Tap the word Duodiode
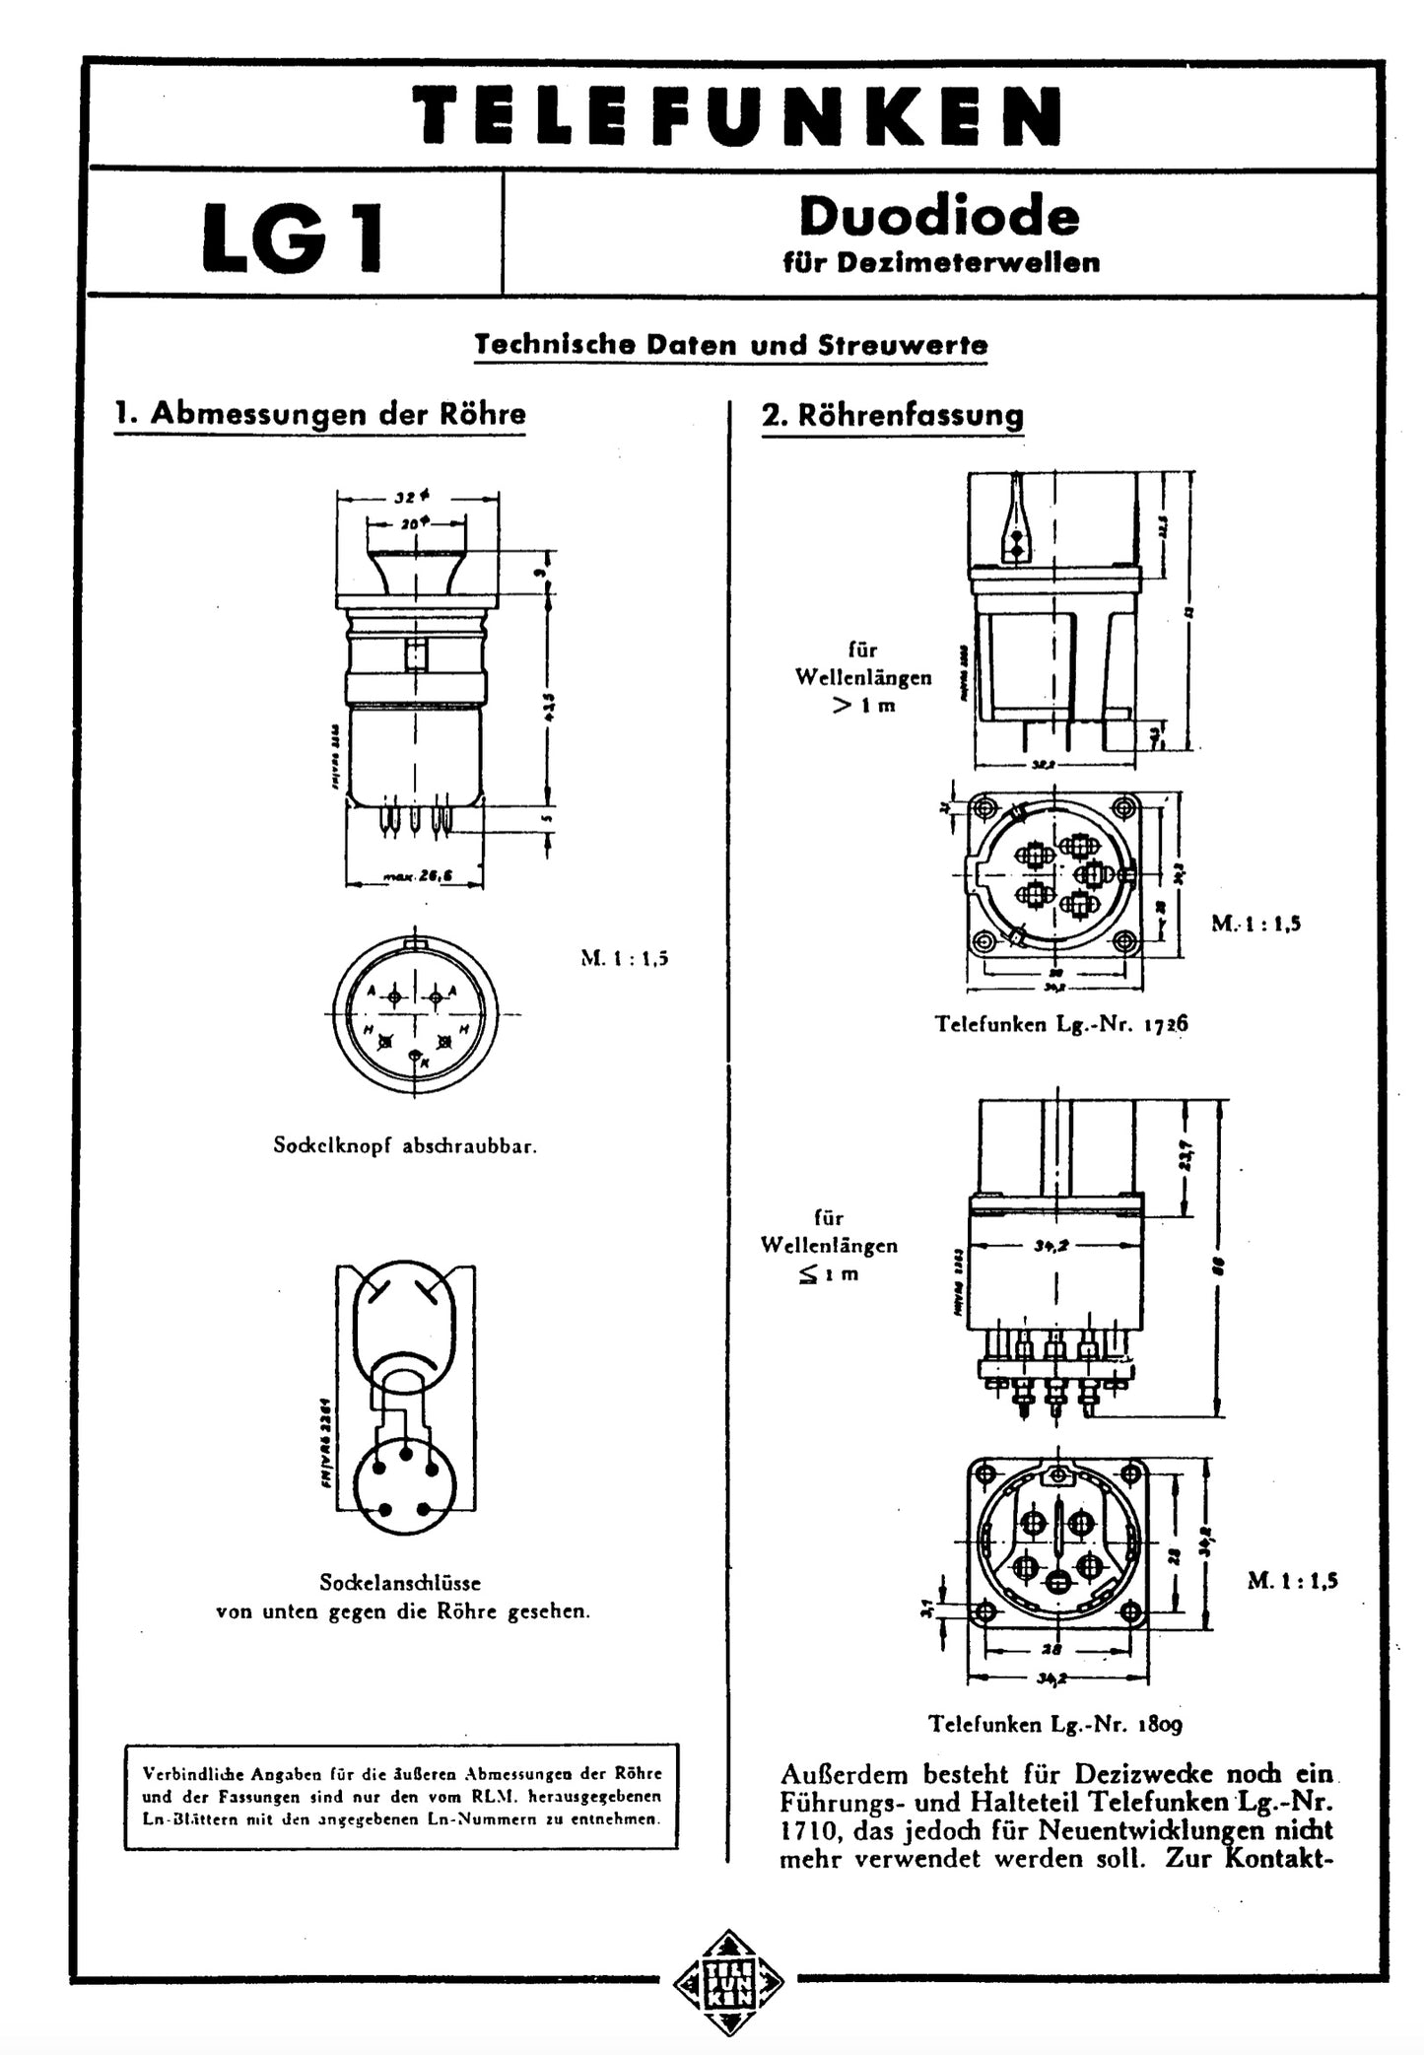tap(939, 215)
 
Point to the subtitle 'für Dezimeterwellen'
tap(941, 262)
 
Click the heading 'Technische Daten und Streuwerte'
tap(730, 345)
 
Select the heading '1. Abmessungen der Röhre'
tap(320, 414)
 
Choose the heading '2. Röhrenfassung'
tap(892, 415)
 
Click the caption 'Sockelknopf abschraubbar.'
tap(405, 1147)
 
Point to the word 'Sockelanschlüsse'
tap(400, 1583)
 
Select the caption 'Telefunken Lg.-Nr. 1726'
tap(1061, 1024)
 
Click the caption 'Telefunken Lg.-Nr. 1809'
tap(1054, 1724)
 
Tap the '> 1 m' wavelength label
tap(864, 706)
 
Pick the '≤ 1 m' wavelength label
tap(829, 1273)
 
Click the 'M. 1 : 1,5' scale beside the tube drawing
tap(624, 958)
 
